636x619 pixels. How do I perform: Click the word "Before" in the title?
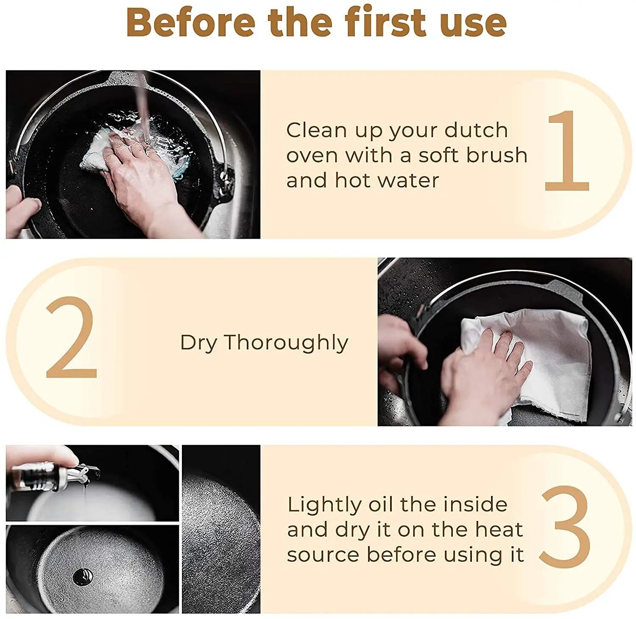click(x=190, y=22)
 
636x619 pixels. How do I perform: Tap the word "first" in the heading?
click(x=386, y=22)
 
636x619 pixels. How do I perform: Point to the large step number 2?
click(x=72, y=337)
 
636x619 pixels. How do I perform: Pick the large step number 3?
click(x=565, y=527)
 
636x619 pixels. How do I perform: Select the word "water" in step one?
click(x=408, y=181)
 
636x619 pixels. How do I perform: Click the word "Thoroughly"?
click(x=286, y=343)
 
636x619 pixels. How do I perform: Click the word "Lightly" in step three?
click(x=324, y=505)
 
